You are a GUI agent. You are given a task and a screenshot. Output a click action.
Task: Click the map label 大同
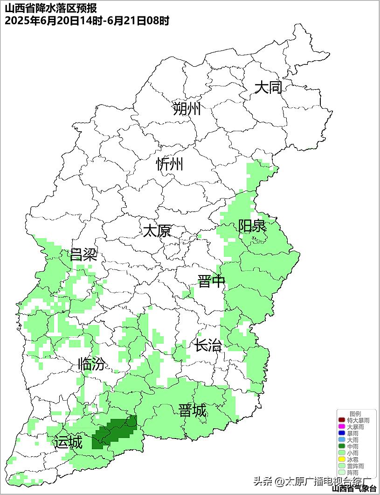(268, 87)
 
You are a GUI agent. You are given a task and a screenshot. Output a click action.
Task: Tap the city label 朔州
(187, 109)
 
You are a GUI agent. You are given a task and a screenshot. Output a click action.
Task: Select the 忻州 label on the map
(170, 164)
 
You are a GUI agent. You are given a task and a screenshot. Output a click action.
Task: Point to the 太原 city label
(157, 231)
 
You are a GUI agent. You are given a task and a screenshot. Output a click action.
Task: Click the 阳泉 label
(252, 226)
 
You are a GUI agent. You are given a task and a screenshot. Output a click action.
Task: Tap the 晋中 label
(211, 282)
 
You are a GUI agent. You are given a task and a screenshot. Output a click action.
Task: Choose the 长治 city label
(208, 346)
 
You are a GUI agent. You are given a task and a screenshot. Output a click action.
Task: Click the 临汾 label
(91, 364)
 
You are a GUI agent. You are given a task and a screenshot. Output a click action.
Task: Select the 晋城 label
(192, 411)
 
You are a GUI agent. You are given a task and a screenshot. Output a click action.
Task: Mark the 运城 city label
(68, 442)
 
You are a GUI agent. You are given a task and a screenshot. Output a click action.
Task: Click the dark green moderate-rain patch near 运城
(114, 432)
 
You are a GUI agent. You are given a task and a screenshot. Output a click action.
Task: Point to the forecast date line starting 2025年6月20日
(87, 21)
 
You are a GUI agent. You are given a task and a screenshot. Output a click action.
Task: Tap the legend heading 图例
(355, 414)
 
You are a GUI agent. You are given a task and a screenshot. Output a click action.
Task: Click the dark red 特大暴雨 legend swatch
(342, 420)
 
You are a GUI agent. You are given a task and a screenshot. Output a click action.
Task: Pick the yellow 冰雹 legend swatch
(342, 460)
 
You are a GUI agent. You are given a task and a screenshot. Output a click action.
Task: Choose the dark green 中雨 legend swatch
(342, 446)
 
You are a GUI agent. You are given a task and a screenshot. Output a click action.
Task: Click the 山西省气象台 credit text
(354, 488)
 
